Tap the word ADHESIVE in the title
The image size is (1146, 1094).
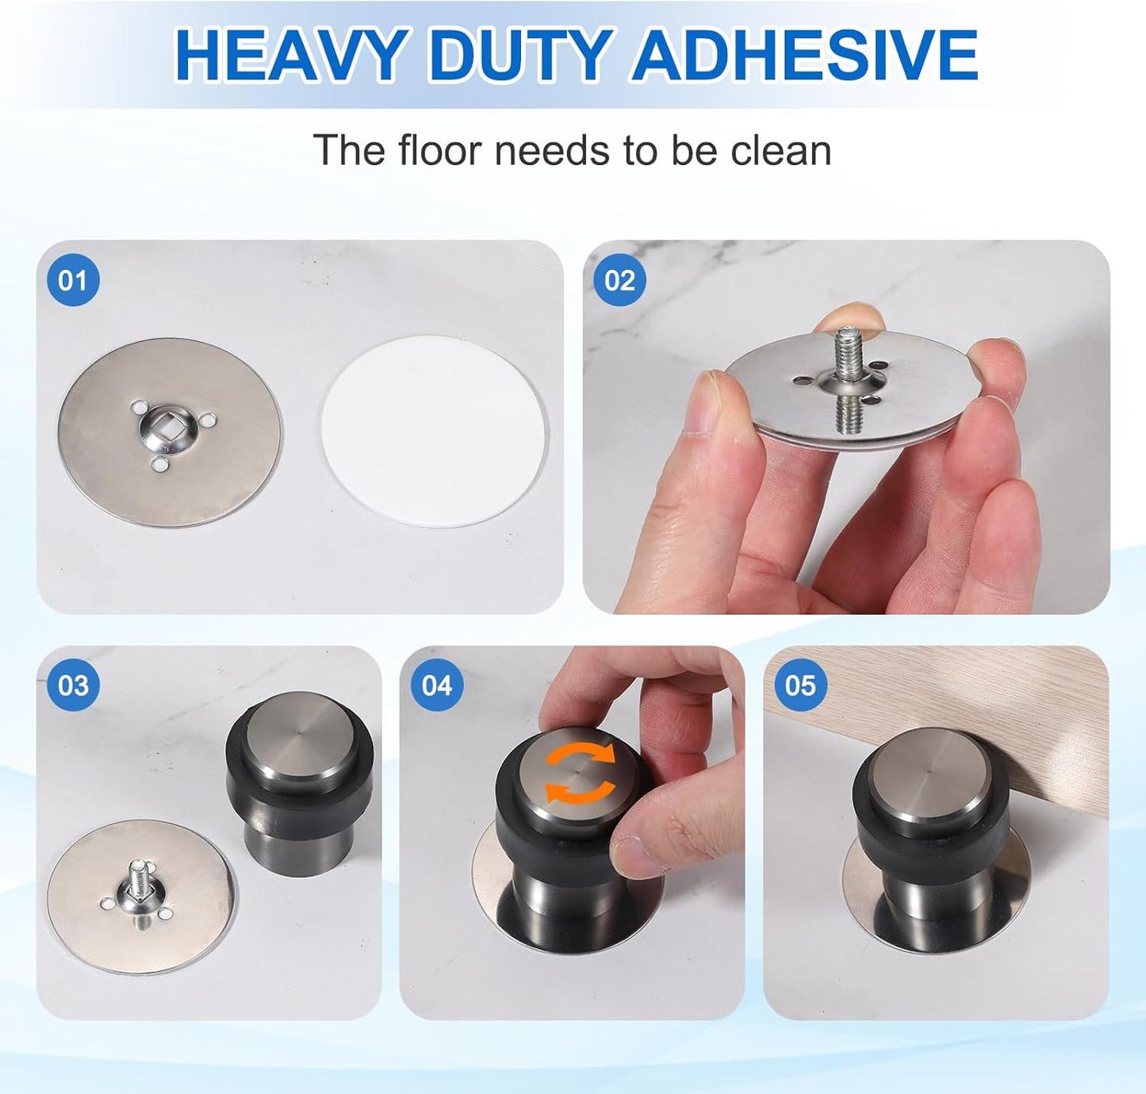[x=804, y=56]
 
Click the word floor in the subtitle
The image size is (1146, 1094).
[x=439, y=150]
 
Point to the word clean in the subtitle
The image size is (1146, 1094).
[x=780, y=150]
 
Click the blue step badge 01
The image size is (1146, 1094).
[x=73, y=280]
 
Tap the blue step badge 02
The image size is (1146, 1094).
[x=619, y=280]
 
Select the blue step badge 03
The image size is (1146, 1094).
[x=73, y=685]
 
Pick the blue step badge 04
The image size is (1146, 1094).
[x=436, y=685]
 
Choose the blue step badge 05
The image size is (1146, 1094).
[x=799, y=685]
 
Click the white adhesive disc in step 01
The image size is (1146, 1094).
[x=434, y=431]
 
